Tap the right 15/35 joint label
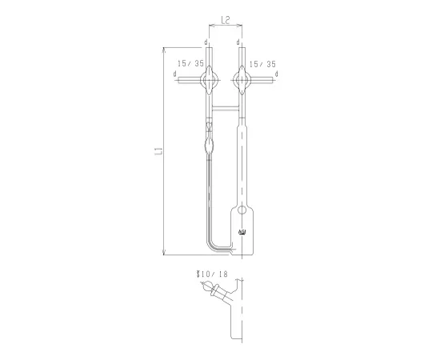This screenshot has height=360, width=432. (x=262, y=62)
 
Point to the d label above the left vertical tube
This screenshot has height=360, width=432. (x=206, y=42)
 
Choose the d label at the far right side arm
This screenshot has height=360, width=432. (x=276, y=74)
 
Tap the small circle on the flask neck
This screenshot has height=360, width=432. (x=242, y=211)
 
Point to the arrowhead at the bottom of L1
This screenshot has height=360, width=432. (x=163, y=252)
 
